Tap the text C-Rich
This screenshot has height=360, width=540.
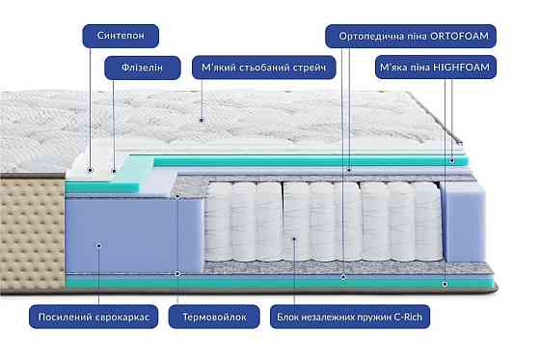(x=413, y=317)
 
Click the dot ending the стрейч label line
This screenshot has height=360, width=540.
(x=202, y=121)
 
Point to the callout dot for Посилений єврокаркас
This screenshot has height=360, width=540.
(x=99, y=245)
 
